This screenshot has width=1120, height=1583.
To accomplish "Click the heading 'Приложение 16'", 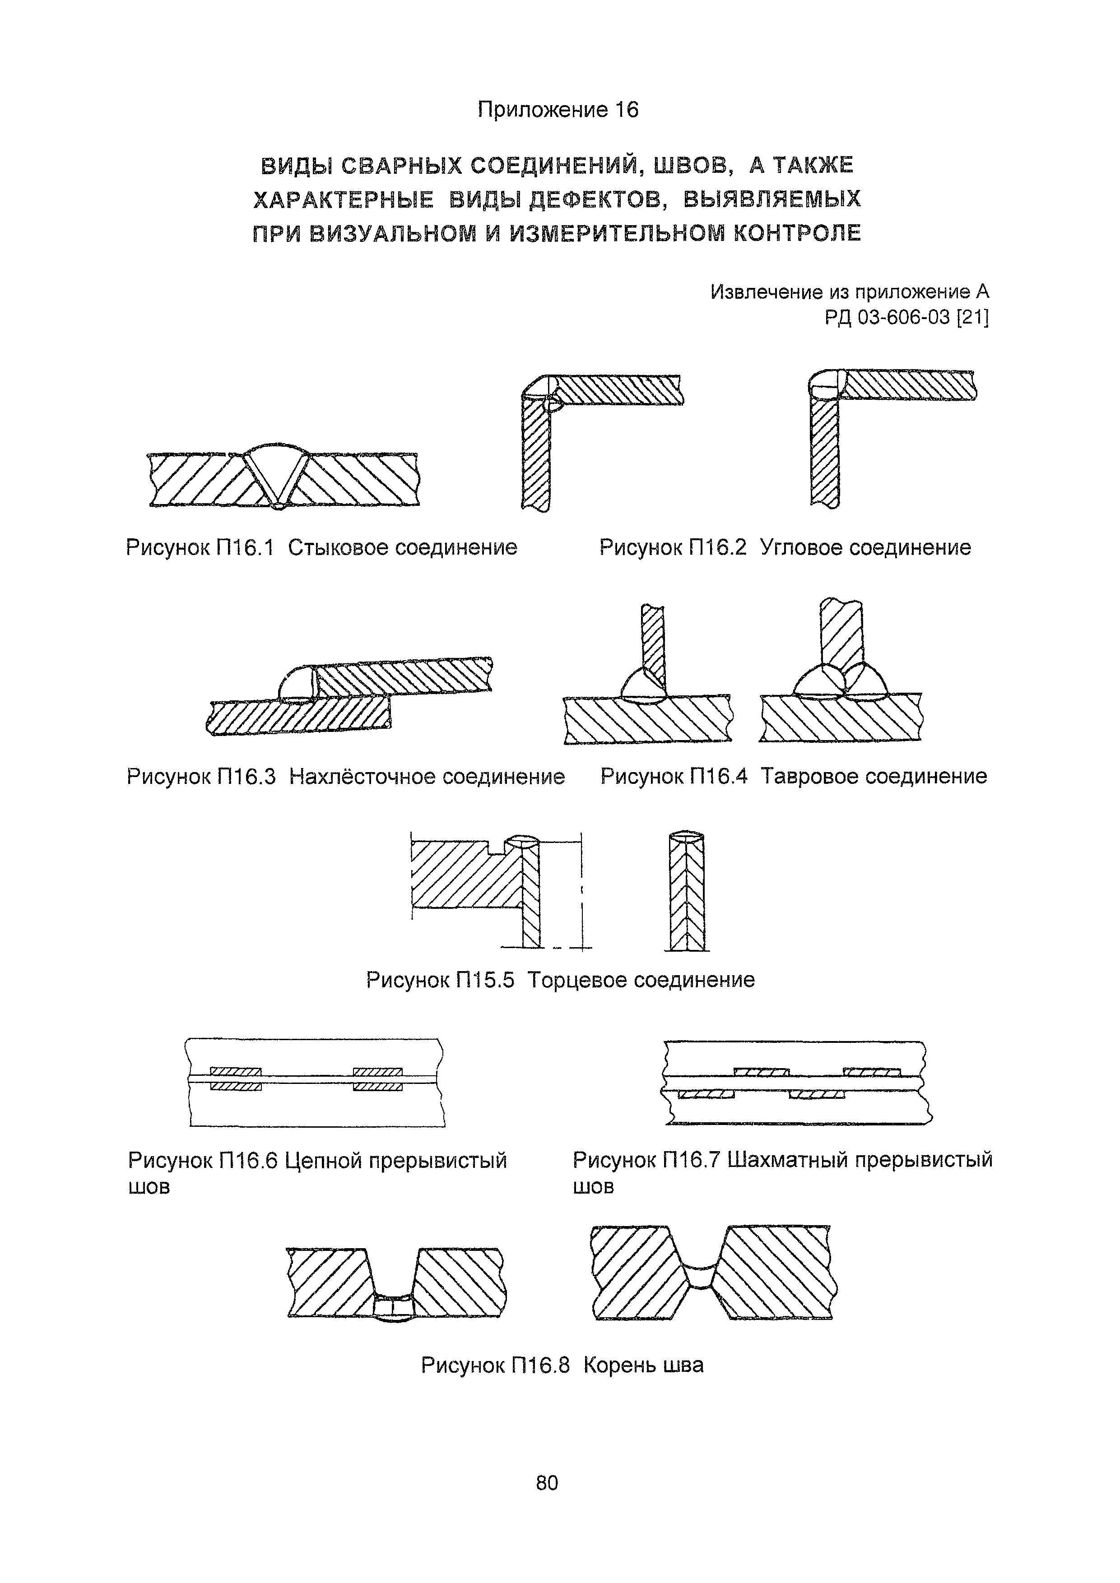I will point(558,110).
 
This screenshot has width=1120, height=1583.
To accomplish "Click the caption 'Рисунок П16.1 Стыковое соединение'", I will point(321,548).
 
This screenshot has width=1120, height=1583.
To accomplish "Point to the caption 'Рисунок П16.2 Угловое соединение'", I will point(785,548).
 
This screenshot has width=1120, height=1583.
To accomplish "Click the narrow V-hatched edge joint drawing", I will point(688,893).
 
